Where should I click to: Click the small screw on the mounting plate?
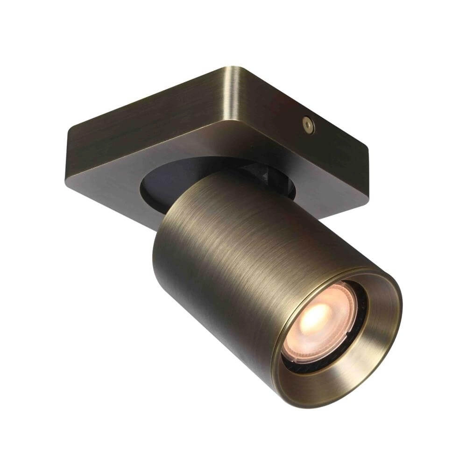click(308, 124)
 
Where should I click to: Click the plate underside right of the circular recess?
click(327, 196)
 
